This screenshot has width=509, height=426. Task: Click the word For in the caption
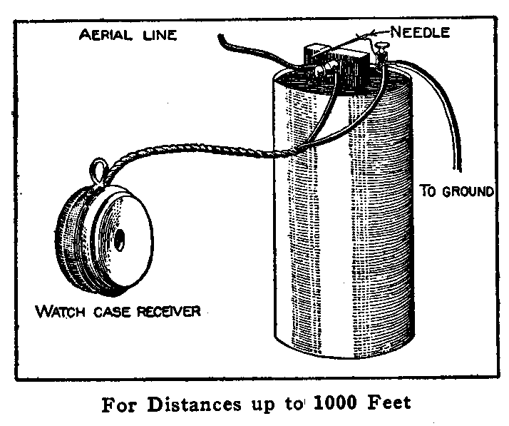(118, 403)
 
